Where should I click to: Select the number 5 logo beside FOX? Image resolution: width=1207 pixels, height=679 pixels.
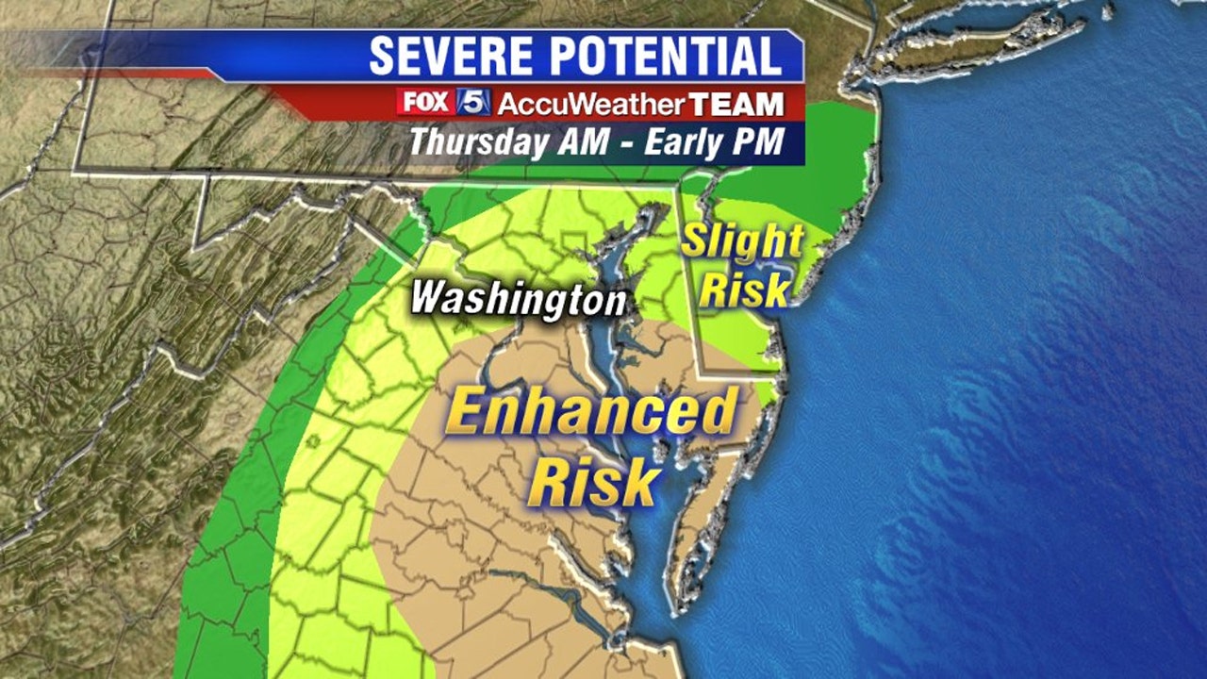(x=473, y=102)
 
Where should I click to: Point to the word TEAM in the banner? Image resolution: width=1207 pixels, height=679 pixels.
(x=736, y=103)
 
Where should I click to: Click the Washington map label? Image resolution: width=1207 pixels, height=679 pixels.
(x=518, y=299)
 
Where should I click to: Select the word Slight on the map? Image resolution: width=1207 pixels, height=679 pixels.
(x=742, y=242)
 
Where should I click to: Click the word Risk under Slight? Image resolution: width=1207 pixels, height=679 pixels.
(x=744, y=290)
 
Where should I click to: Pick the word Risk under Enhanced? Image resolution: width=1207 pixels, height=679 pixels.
(x=593, y=481)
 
